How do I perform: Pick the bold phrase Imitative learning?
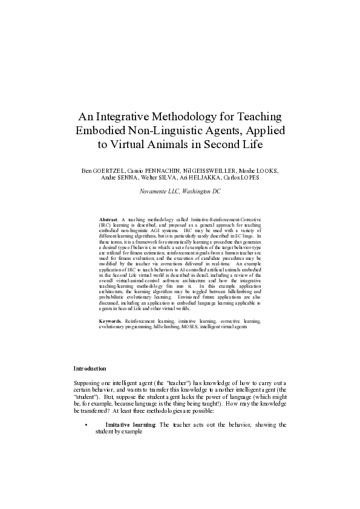(130, 425)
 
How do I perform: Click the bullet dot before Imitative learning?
(88, 425)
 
